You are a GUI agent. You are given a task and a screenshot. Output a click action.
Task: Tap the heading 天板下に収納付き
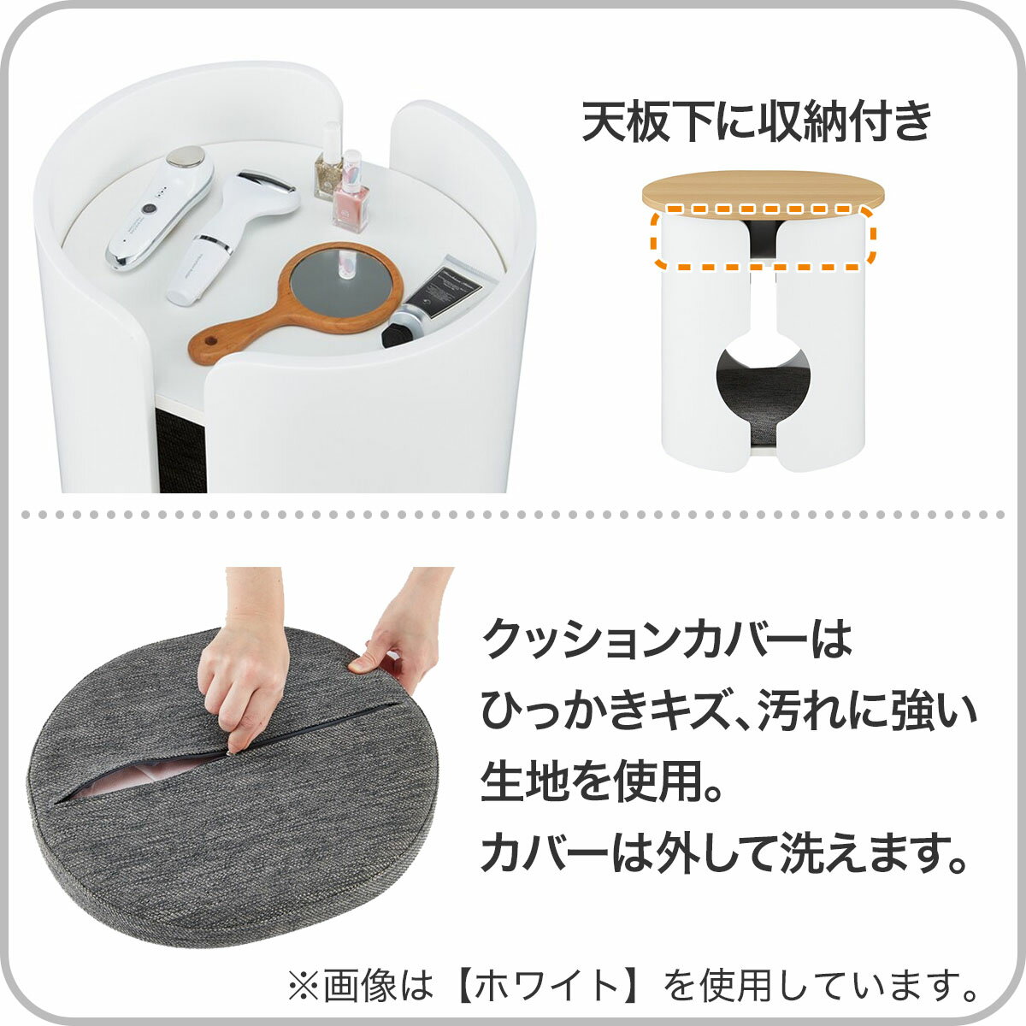pyautogui.click(x=756, y=122)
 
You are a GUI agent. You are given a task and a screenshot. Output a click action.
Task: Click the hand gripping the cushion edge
pyautogui.click(x=402, y=633)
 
